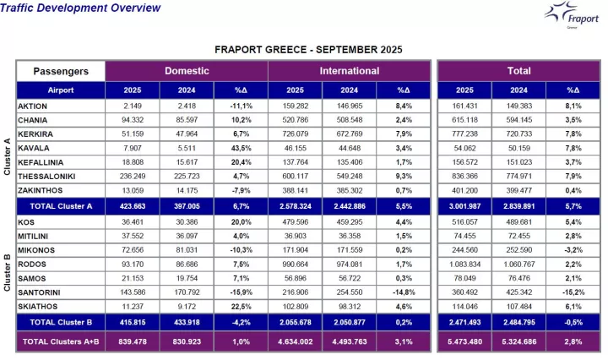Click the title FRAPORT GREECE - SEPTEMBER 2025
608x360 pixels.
point(308,50)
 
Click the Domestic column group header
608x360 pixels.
point(186,71)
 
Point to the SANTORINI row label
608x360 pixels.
point(39,291)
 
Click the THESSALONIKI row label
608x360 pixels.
point(47,176)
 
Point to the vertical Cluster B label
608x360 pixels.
point(8,267)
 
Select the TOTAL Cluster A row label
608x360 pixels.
point(61,205)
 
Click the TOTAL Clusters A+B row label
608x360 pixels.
point(61,341)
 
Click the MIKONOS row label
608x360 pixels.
point(36,249)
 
